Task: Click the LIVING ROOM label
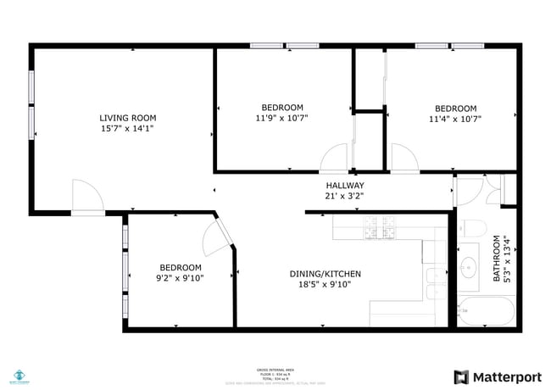(x=127, y=118)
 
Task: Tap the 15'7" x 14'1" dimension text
(x=127, y=129)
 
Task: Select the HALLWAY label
(x=345, y=186)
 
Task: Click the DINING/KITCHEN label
(x=326, y=274)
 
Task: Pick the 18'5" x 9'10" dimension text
(x=326, y=285)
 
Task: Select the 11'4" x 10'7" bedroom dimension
(x=455, y=120)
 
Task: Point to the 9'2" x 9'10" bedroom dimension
(x=181, y=277)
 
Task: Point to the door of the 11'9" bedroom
(x=335, y=159)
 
